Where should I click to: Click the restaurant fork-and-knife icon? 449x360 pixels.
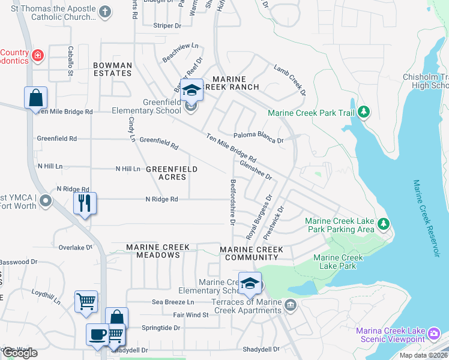coord(85,203)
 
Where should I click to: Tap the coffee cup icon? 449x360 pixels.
coord(97,335)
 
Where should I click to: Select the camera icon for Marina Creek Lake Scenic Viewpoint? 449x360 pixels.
coord(435,332)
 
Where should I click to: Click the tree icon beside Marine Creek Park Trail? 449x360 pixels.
coord(363,112)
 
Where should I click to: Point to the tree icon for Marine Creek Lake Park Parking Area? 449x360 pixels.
coord(383,225)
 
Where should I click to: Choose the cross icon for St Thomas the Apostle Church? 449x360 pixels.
coord(105,11)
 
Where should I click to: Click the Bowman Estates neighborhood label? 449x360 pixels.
coord(112,69)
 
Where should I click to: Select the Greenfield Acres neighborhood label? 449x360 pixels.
coord(172,173)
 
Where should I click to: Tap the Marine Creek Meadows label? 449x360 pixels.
coord(158,251)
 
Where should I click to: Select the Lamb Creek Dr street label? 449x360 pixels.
coord(291,80)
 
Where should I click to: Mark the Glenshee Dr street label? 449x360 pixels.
coord(256,169)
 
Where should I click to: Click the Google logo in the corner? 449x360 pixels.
coord(20,353)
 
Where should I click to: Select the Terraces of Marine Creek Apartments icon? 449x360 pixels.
coord(291,305)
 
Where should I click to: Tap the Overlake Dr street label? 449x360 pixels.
coord(76,247)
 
